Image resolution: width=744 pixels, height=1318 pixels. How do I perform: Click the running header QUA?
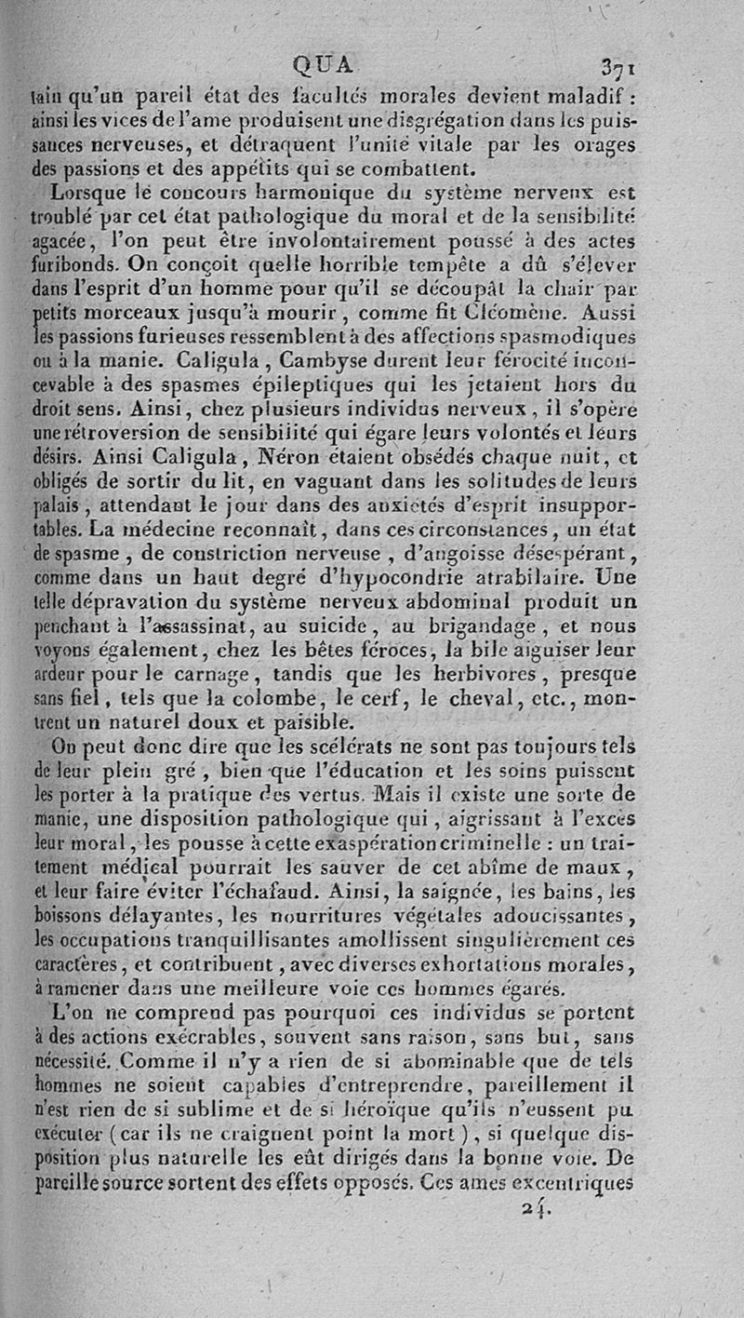(324, 64)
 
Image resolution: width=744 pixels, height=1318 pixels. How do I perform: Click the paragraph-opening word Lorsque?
(86, 195)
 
